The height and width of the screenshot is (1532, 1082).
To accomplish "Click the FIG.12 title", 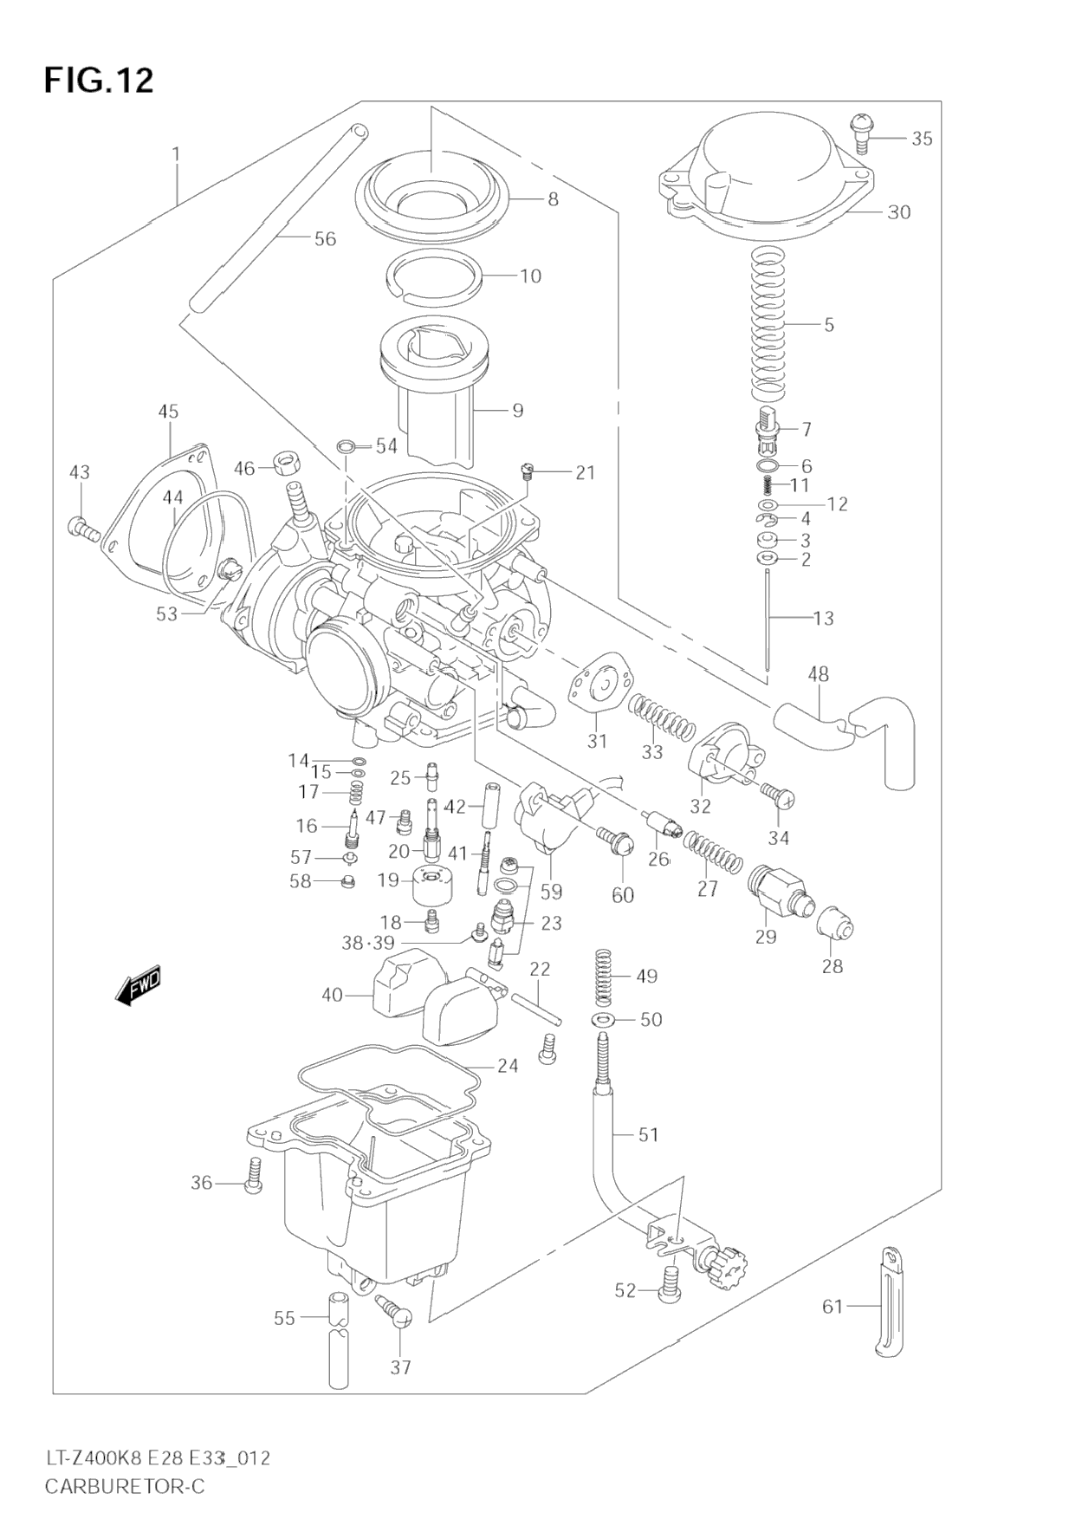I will click(x=99, y=81).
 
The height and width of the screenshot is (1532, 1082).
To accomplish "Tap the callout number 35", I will click(x=922, y=139).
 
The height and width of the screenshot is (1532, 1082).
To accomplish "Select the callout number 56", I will click(x=325, y=239).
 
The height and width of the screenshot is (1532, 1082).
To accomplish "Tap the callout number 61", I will click(x=833, y=1330).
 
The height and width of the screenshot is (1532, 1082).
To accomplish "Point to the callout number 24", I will click(x=508, y=1066).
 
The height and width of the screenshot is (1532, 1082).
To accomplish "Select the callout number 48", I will click(x=818, y=673).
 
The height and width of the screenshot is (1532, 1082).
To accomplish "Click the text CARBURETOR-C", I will click(x=125, y=1486).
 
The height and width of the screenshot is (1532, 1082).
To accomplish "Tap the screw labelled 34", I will click(x=778, y=796).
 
